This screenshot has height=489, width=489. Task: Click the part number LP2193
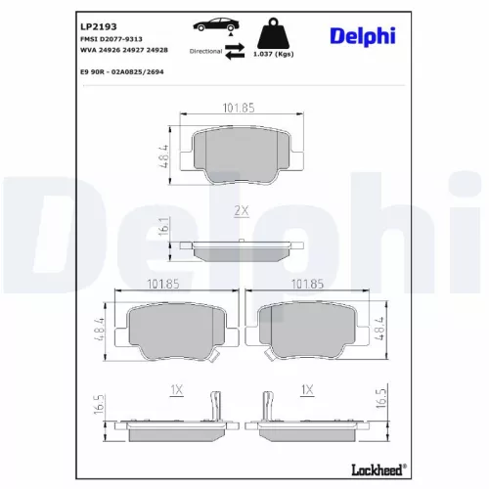99,26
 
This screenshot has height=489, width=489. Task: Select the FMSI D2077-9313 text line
111,39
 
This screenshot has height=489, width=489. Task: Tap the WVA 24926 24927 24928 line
124,50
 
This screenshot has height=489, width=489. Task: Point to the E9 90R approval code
122,72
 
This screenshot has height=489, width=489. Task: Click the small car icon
216,24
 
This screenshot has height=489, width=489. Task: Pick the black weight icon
273,34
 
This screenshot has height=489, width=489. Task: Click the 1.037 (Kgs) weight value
274,54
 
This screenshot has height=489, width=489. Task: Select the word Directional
205,51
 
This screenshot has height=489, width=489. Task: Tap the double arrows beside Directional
235,51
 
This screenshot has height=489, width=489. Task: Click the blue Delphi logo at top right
363,36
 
